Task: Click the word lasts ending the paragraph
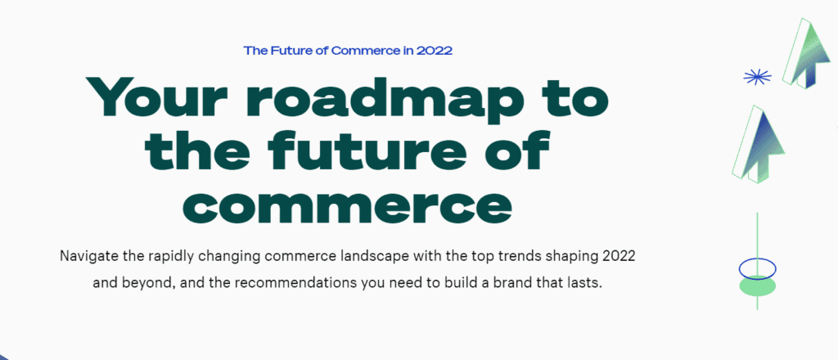(x=586, y=282)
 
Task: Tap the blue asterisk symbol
(x=757, y=78)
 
